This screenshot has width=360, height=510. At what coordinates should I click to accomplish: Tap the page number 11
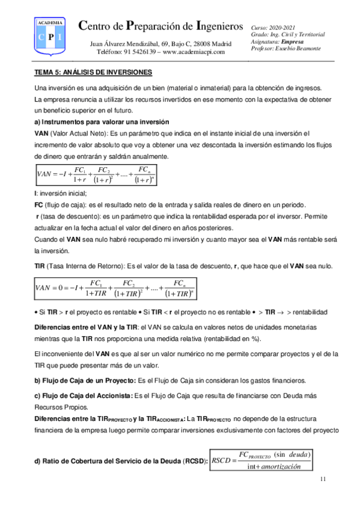coord(323,479)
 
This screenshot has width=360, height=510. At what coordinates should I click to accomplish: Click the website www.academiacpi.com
coord(194,52)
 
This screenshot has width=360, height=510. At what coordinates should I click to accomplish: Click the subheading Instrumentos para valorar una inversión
coord(102,122)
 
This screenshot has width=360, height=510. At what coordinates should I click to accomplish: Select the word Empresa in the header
coord(292,41)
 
